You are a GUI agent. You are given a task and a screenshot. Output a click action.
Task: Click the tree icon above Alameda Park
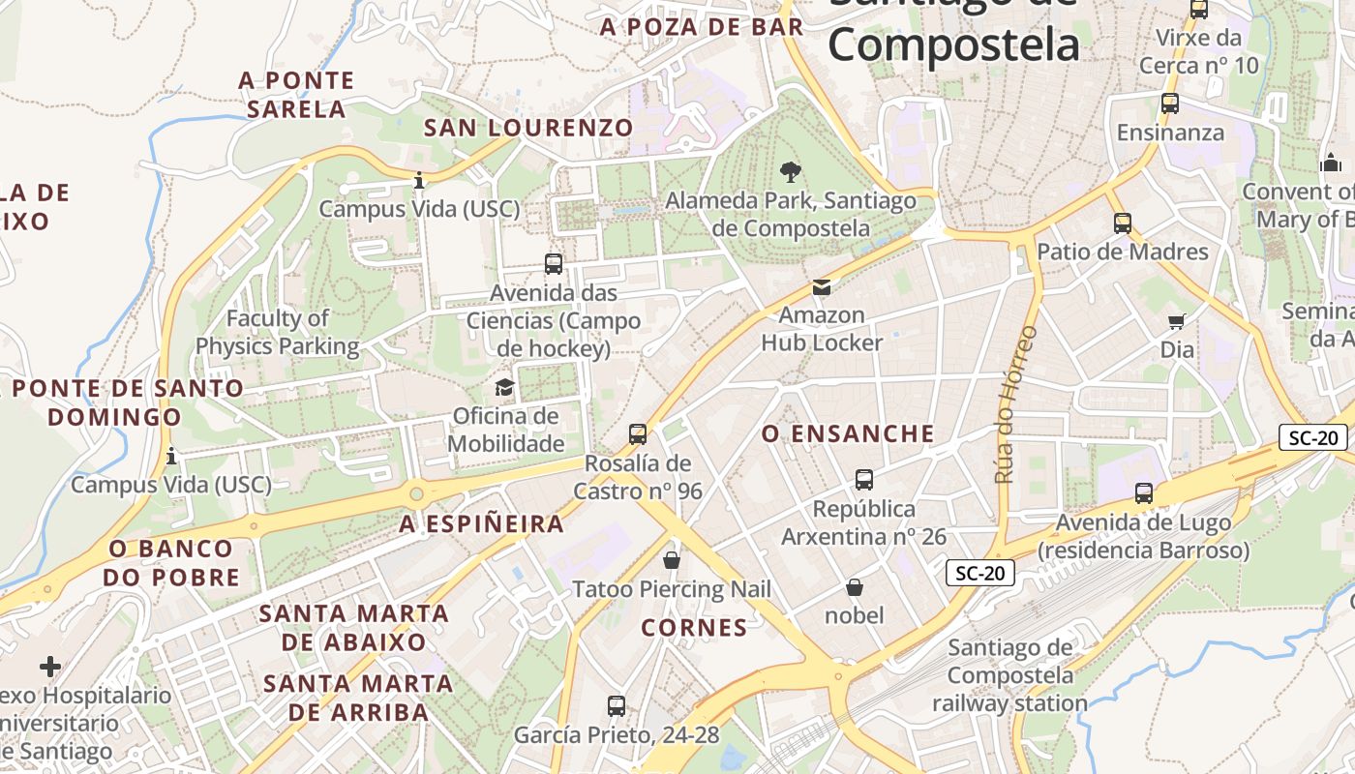pos(791,172)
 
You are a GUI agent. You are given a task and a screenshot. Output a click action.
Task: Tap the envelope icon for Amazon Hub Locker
pos(822,286)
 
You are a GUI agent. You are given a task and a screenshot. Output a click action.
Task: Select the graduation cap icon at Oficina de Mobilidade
pos(505,388)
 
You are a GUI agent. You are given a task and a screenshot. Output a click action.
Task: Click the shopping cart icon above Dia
pos(1177,321)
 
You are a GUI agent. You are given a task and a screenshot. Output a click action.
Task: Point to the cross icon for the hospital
pos(50,666)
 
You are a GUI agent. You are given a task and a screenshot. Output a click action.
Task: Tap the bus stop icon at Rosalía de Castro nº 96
pos(638,433)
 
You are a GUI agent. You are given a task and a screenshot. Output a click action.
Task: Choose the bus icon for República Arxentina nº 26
pos(864,479)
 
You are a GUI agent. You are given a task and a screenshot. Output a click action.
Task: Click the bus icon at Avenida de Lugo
pos(1144,493)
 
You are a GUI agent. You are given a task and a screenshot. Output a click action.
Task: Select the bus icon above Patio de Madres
pos(1123,223)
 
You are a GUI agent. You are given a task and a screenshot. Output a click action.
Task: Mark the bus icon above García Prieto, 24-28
pos(617,706)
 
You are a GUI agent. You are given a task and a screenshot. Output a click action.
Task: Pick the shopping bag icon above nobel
pos(855,586)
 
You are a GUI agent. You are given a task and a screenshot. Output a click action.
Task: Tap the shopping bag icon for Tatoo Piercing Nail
pos(672,559)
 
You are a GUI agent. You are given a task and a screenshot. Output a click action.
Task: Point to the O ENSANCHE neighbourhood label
pos(848,433)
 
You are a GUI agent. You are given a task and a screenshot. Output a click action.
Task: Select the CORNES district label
pos(695,628)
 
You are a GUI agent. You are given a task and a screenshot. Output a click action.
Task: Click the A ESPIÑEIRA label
pos(481,524)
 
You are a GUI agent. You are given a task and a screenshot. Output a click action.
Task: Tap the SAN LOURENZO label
pos(528,128)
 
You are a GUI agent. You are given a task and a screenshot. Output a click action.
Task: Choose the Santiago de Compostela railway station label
pos(1010,675)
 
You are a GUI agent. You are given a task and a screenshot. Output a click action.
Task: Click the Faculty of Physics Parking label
pos(278,332)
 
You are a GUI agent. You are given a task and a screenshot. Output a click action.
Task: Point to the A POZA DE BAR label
pos(702,27)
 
